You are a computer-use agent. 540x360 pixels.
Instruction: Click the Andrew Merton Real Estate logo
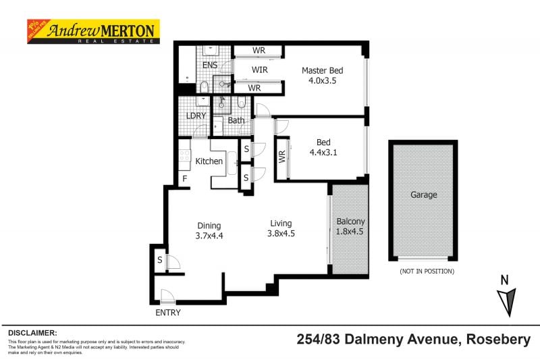pos(92,31)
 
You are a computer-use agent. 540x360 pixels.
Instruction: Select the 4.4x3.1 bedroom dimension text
pos(323,153)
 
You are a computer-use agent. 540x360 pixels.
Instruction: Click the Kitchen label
pos(209,161)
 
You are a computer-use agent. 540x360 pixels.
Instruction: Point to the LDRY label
pos(196,115)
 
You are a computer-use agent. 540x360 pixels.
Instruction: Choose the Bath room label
pos(236,121)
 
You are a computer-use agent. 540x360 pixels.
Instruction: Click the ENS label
pos(210,65)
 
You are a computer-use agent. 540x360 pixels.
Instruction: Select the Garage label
pos(423,195)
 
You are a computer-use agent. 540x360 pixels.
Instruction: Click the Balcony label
pos(350,222)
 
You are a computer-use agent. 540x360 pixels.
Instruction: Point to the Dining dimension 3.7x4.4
pos(209,236)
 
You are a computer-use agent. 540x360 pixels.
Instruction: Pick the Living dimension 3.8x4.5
pos(281,234)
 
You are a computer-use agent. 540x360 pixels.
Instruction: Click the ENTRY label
pos(168,313)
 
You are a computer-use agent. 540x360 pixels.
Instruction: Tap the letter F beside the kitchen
pos(184,178)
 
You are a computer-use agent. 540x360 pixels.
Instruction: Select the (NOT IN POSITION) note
pos(427,272)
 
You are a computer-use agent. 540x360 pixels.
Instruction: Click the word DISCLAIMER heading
pos(32,333)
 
